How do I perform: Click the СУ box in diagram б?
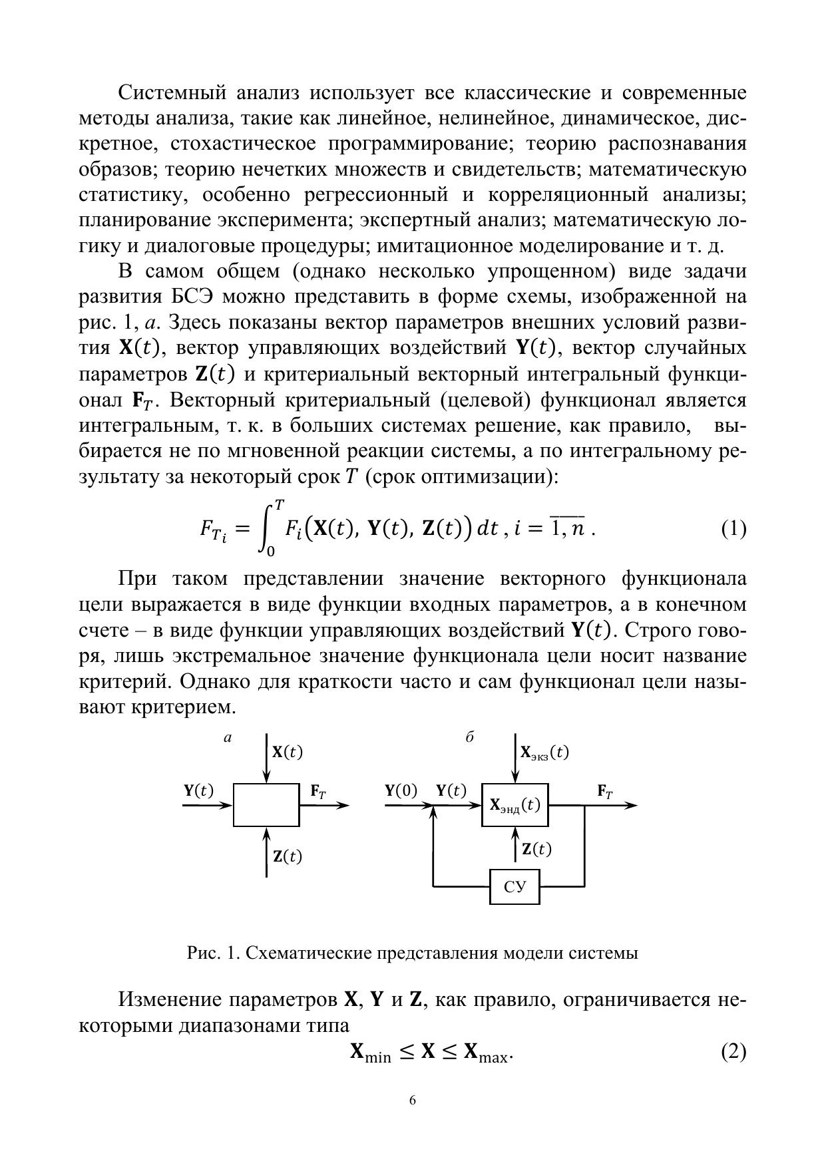pos(515,887)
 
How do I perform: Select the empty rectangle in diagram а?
pos(266,804)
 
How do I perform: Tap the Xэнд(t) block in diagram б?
pos(515,805)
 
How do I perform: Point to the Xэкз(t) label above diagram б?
pos(544,752)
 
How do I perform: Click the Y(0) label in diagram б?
pos(401,790)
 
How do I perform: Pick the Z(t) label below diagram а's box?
pos(288,856)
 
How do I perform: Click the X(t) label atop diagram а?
pos(288,752)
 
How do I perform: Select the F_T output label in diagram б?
pos(605,791)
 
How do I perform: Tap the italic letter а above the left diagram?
pos(228,737)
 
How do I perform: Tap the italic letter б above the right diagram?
pos(469,737)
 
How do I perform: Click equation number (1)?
pos(733,529)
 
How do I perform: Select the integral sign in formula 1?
pos(267,530)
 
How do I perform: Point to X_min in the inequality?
pos(370,1053)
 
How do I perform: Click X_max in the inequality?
pos(485,1053)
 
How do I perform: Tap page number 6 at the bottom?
pos(413,1100)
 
